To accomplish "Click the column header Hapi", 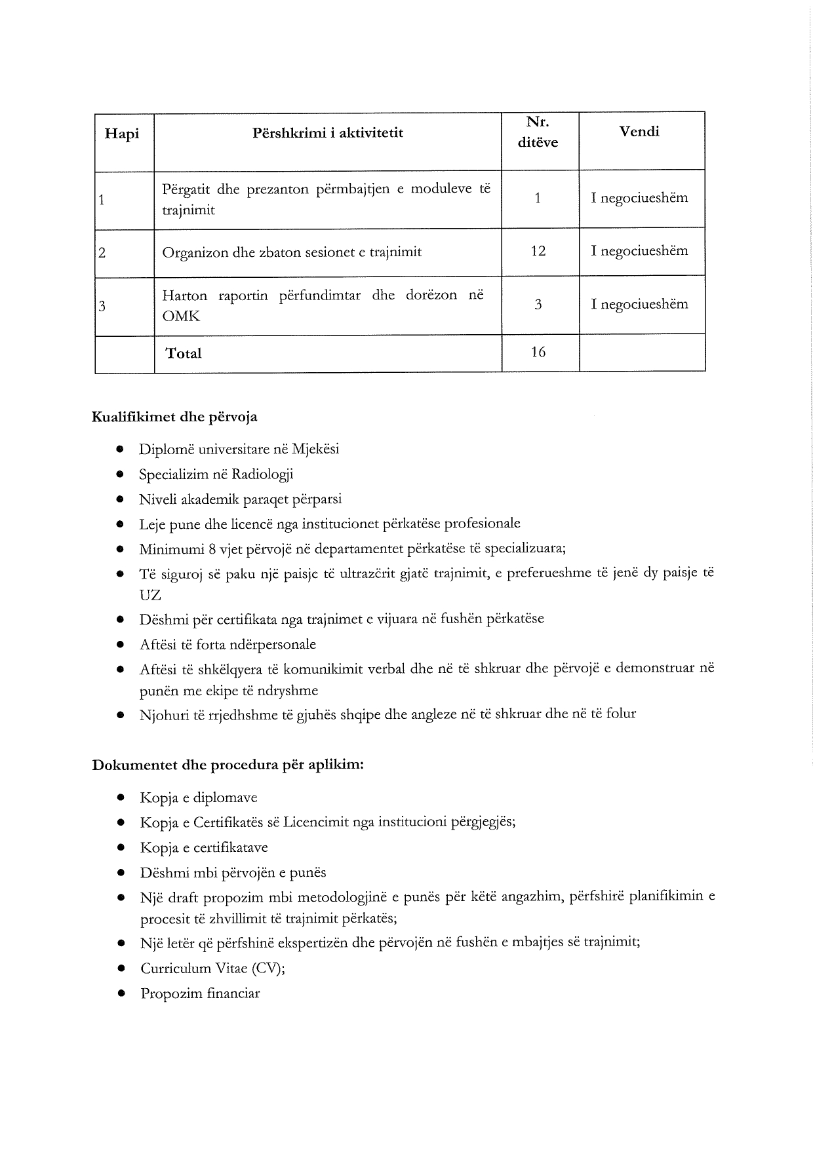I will click(122, 134).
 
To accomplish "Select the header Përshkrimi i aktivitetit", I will click(328, 133).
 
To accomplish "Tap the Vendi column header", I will click(639, 131).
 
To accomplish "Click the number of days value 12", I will click(538, 251).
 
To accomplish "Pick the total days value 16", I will click(538, 353).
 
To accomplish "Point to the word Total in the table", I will click(184, 354).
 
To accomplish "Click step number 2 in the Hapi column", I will click(102, 252).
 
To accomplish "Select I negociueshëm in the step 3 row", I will click(639, 304).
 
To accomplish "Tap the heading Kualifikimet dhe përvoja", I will click(174, 417).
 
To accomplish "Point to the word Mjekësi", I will click(315, 450).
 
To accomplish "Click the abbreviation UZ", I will click(150, 596).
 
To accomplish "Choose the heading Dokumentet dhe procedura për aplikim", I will click(228, 765).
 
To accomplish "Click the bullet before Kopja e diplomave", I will click(121, 798).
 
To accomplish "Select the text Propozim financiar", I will click(200, 993).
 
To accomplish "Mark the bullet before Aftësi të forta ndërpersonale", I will click(121, 645).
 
